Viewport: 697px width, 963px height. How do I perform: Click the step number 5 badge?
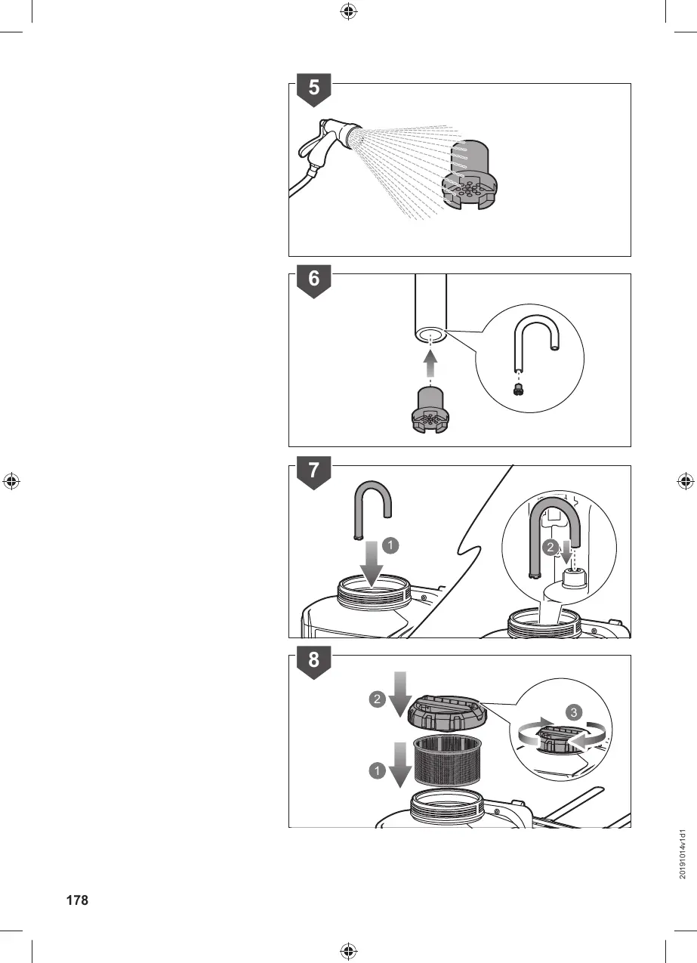tap(313, 89)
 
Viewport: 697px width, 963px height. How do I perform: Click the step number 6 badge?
tap(313, 279)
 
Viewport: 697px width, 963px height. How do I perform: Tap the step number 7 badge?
tap(313, 471)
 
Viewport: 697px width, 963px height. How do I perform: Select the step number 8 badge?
tap(313, 660)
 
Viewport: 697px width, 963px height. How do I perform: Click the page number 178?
tap(77, 900)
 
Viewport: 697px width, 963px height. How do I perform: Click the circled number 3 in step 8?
tap(575, 711)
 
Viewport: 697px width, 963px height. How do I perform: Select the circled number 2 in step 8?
tap(377, 699)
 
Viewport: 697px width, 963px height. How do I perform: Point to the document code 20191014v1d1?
tap(683, 853)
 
